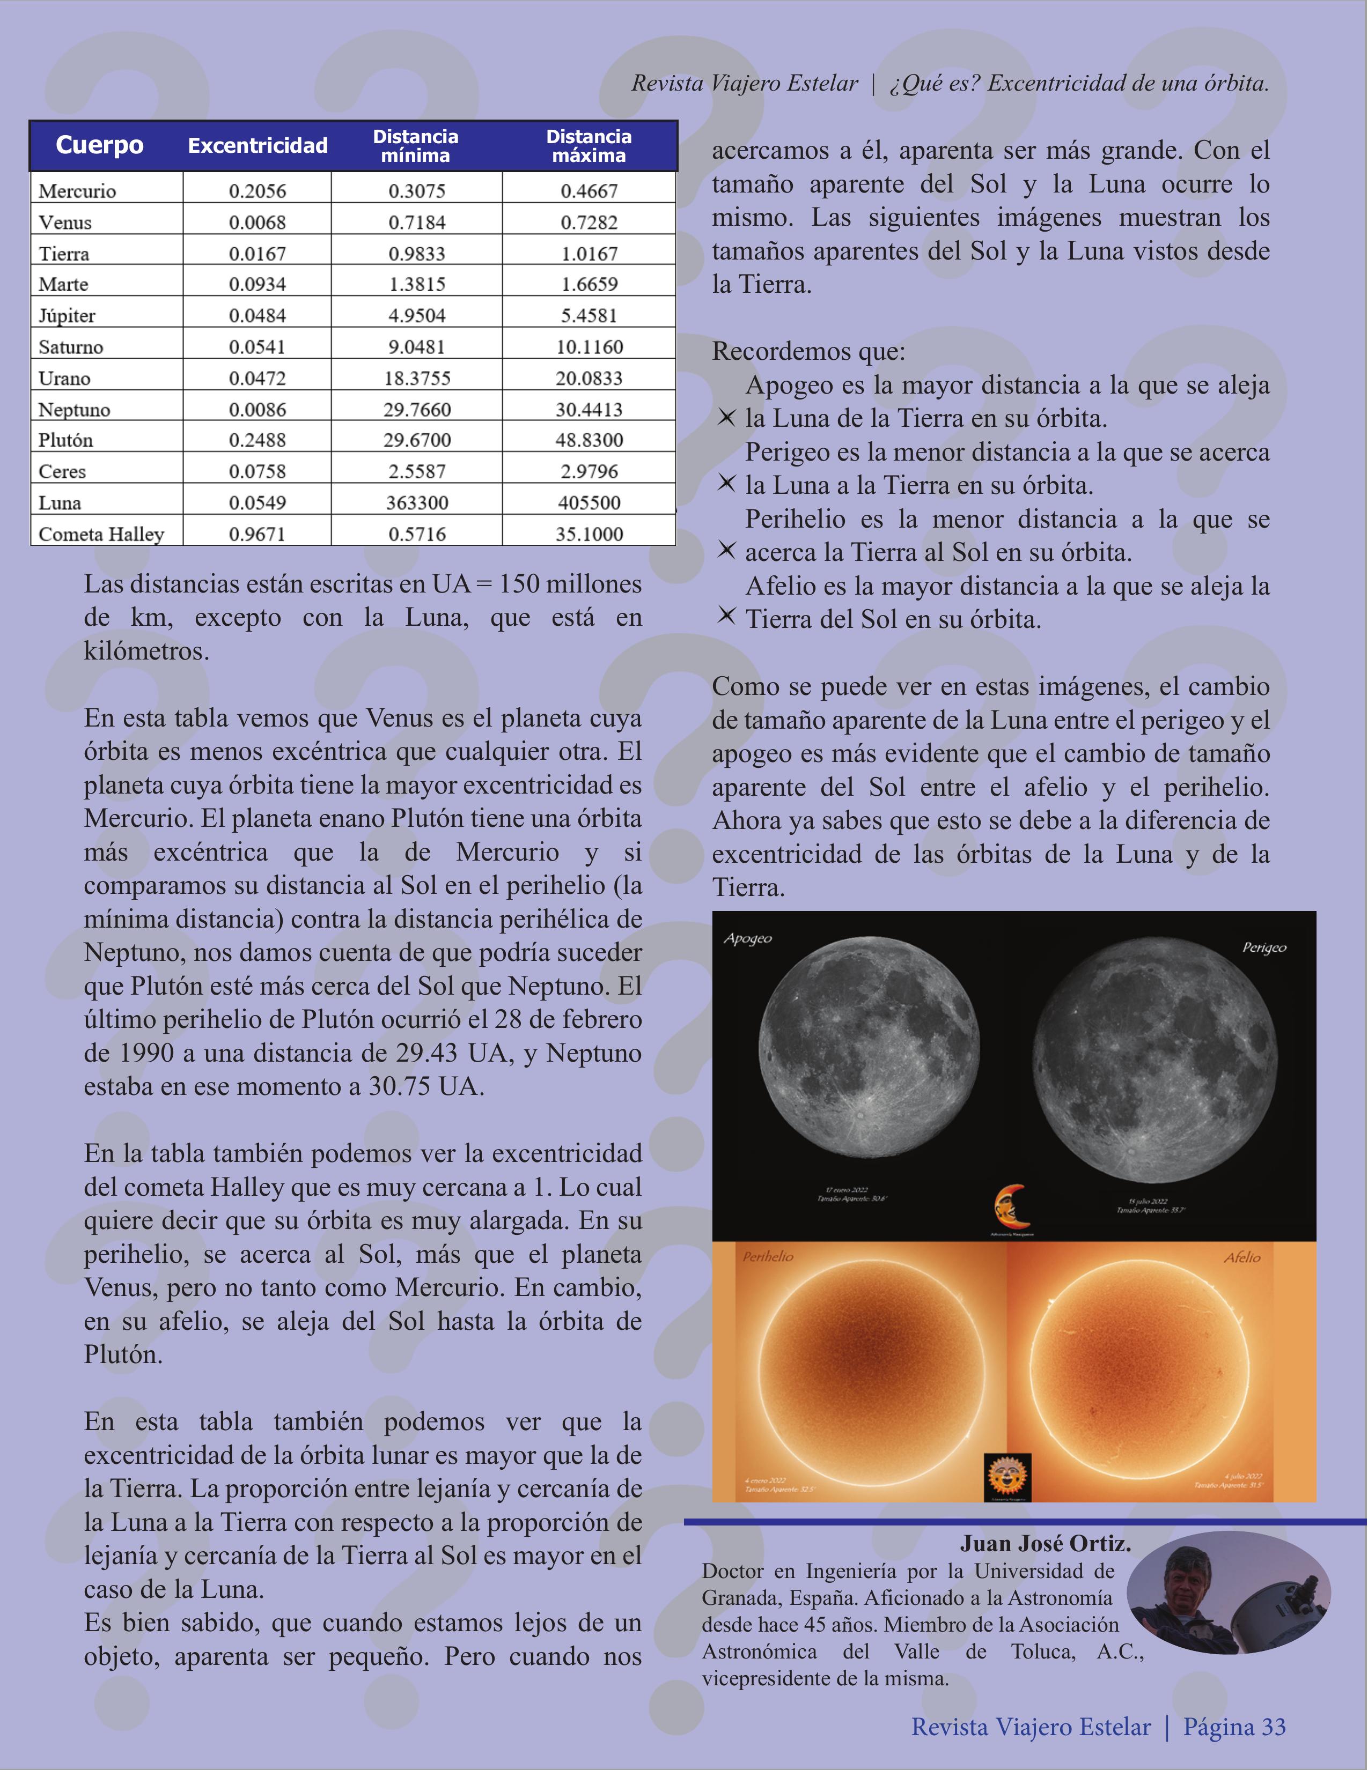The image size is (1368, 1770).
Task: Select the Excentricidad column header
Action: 258,146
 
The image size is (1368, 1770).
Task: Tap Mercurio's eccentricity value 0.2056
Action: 257,191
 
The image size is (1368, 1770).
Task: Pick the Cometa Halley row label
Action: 101,534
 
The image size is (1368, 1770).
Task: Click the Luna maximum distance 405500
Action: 589,502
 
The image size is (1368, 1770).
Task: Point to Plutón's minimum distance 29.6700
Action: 417,440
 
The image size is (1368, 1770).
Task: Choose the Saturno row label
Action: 71,347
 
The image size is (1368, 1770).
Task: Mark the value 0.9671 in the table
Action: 257,534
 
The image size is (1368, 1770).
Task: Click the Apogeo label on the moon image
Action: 748,938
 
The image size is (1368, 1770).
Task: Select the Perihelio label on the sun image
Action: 768,1256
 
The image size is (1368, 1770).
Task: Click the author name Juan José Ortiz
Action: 1045,1543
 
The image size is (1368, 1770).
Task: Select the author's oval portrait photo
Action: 1228,1593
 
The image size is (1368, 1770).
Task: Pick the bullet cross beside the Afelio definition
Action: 726,616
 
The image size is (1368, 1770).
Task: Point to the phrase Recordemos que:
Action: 808,352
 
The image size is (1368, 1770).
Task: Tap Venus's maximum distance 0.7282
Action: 589,222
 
